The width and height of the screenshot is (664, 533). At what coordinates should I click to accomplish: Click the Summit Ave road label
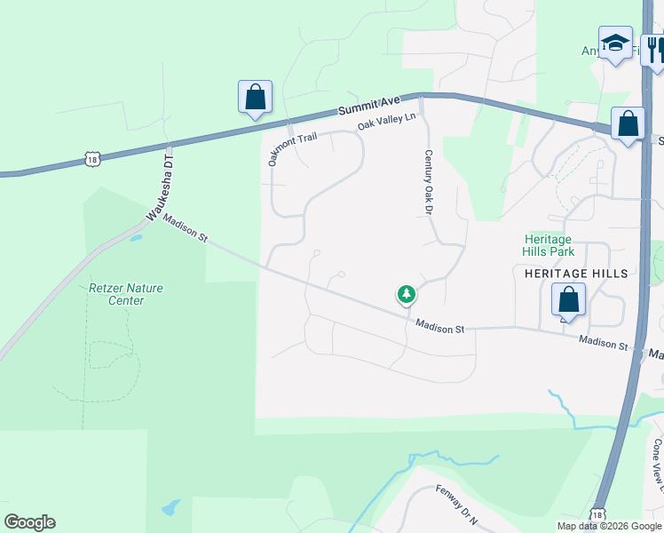pyautogui.click(x=370, y=105)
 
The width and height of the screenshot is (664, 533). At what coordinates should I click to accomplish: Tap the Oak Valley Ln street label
pyautogui.click(x=386, y=122)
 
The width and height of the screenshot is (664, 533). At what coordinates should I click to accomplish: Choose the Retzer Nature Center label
pyautogui.click(x=125, y=294)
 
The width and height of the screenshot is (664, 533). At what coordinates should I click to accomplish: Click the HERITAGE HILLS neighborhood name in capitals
pyautogui.click(x=575, y=273)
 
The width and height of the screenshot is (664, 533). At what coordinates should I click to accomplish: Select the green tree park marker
pyautogui.click(x=406, y=293)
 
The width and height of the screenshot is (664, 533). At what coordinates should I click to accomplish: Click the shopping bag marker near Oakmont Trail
pyautogui.click(x=255, y=98)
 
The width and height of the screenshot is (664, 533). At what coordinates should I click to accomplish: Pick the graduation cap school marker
pyautogui.click(x=614, y=44)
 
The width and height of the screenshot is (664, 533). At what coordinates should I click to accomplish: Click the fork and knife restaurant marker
pyautogui.click(x=654, y=49)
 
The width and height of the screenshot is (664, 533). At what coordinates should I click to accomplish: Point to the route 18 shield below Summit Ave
pyautogui.click(x=92, y=159)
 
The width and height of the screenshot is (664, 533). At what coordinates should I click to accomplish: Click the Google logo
pyautogui.click(x=29, y=522)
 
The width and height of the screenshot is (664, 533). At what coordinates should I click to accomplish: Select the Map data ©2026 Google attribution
pyautogui.click(x=609, y=526)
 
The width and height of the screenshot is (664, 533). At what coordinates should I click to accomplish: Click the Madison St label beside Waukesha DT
pyautogui.click(x=185, y=229)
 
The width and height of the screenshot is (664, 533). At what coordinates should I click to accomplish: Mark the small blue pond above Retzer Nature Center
pyautogui.click(x=135, y=238)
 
